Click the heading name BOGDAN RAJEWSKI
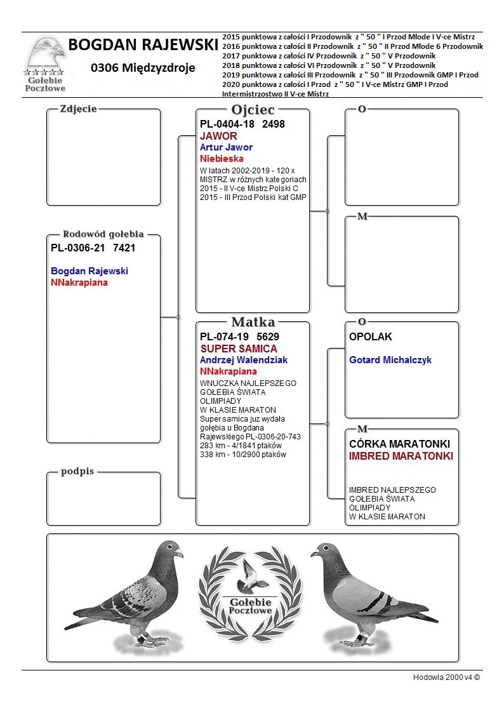tap(143, 45)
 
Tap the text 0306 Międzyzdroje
tap(143, 68)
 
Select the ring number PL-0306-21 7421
tap(93, 248)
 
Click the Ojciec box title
tap(253, 110)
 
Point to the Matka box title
tap(253, 322)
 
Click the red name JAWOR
tap(218, 136)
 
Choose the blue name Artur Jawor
tap(226, 147)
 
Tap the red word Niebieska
tap(222, 159)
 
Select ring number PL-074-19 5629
tap(239, 337)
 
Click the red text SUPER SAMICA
tap(239, 349)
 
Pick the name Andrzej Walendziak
tap(243, 360)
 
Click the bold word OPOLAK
tap(371, 337)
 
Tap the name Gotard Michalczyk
tap(390, 360)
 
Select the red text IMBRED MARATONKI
tap(401, 456)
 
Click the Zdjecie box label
tap(78, 109)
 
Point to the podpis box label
tap(77, 472)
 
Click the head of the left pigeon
tap(170, 549)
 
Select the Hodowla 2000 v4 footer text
tap(446, 677)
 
